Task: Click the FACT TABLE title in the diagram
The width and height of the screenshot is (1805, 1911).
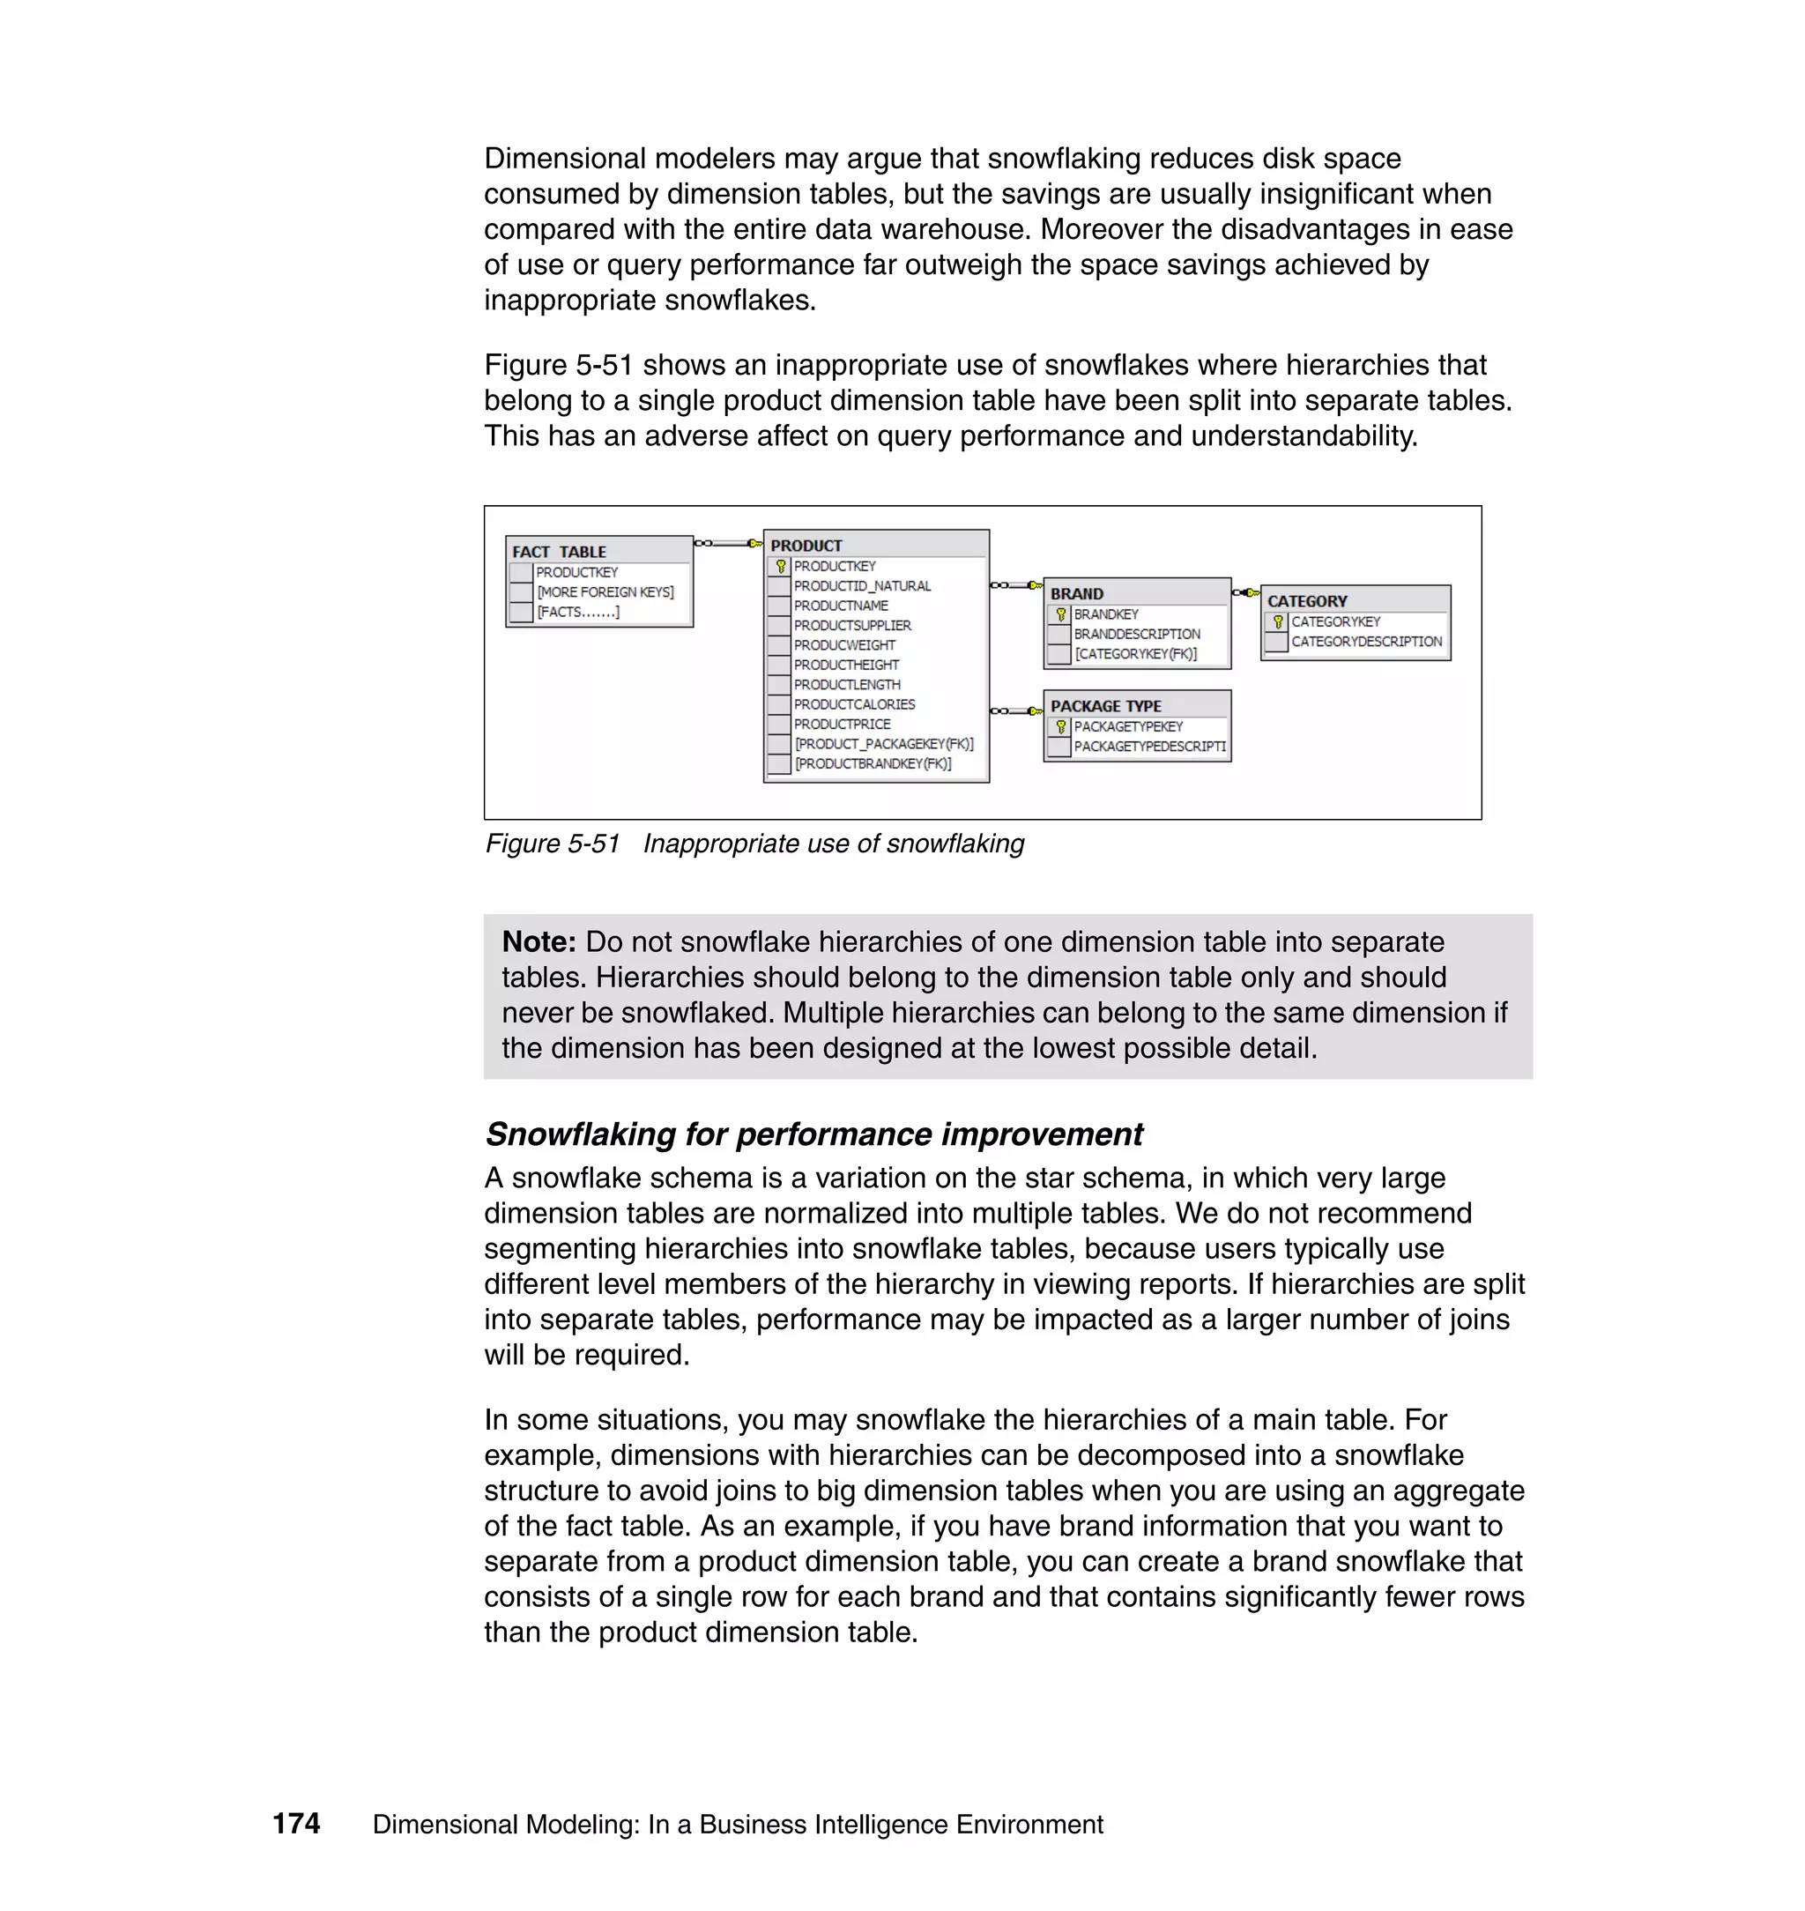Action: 559,552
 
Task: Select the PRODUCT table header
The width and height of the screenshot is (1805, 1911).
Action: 806,546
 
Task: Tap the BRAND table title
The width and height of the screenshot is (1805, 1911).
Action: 1077,594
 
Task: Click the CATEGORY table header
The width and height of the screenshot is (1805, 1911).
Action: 1307,600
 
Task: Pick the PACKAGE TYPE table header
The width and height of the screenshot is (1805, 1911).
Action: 1105,705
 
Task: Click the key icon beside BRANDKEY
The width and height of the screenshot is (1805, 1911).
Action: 1060,613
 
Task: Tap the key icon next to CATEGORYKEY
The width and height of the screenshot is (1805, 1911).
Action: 1278,621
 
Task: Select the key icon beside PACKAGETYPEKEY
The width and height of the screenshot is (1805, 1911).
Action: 1060,726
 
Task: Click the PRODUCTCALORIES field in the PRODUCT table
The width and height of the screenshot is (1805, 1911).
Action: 853,704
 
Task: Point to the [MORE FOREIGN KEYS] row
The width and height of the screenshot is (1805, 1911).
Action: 605,591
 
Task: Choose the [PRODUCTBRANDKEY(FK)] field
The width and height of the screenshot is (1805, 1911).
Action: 872,763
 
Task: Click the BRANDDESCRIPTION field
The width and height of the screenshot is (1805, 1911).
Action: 1136,634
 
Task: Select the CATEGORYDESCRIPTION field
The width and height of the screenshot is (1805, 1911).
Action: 1365,641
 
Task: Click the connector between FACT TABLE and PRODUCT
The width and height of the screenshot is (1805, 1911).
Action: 728,544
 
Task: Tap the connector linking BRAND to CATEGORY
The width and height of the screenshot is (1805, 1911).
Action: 1246,591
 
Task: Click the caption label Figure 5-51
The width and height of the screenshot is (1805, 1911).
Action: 553,844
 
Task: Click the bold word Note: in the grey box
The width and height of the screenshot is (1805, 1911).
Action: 539,942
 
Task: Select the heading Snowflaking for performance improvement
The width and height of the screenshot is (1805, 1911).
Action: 813,1134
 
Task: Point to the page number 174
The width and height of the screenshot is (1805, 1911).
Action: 296,1824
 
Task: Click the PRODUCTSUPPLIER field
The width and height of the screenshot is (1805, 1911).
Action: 851,626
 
